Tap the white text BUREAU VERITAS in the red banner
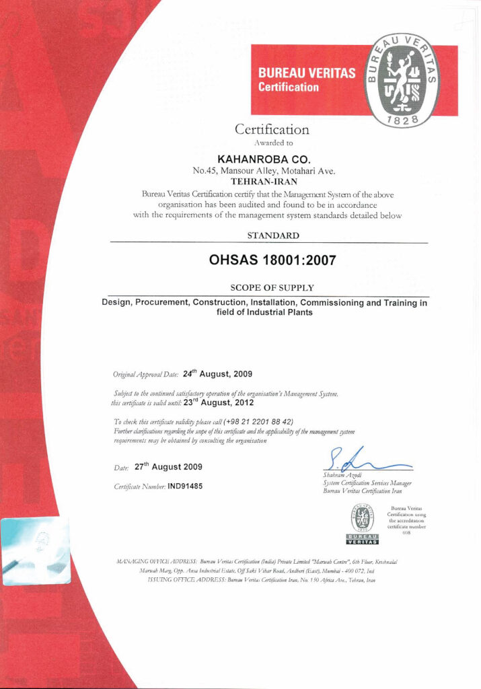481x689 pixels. coord(307,73)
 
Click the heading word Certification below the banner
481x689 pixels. coord(272,129)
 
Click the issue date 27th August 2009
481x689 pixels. coord(168,466)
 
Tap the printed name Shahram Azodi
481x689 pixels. coord(344,476)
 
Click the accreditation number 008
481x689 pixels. coord(406,532)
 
